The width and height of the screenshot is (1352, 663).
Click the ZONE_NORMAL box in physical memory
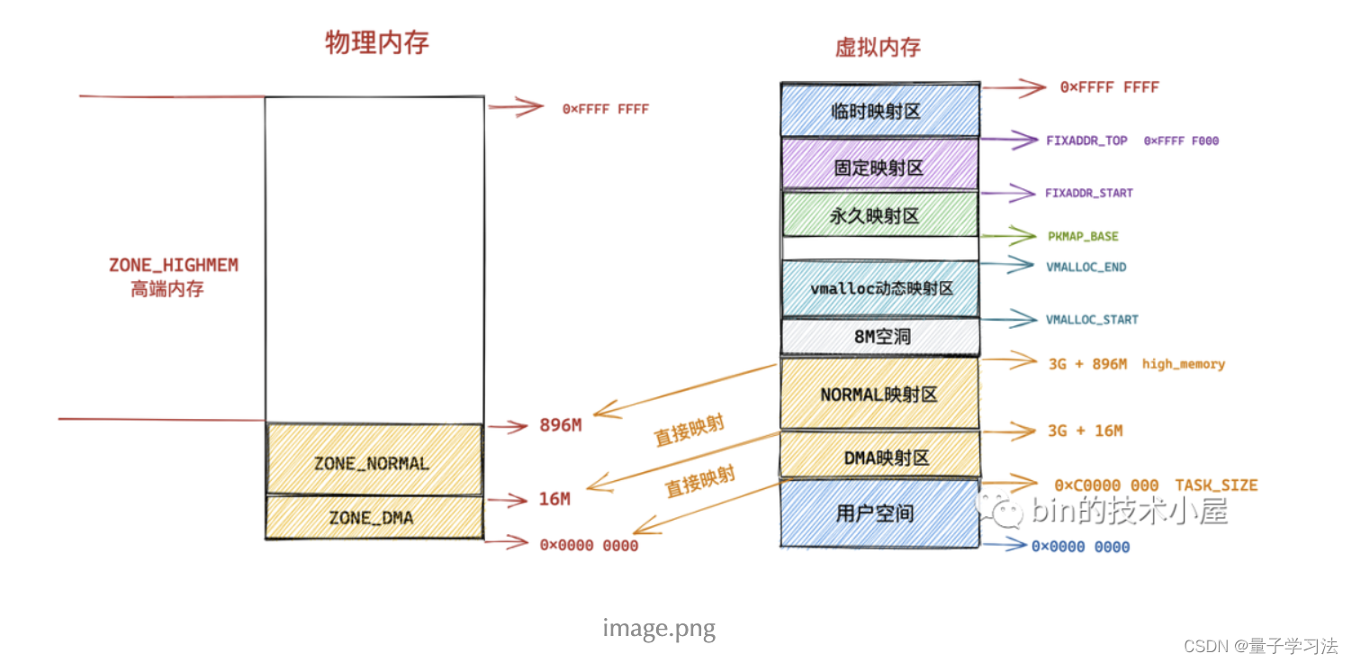point(374,459)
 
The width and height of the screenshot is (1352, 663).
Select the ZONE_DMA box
point(374,517)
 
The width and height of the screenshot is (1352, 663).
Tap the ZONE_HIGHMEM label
point(174,265)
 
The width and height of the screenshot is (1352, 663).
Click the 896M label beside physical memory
point(561,425)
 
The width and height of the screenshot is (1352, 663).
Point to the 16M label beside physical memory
point(554,499)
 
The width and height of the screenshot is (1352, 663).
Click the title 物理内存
point(377,42)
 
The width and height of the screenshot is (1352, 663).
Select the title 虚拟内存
point(878,47)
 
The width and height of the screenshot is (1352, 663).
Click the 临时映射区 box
point(880,110)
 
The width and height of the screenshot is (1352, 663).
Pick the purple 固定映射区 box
point(880,164)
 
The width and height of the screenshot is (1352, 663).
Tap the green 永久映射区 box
point(880,214)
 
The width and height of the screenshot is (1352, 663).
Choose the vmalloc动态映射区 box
point(880,288)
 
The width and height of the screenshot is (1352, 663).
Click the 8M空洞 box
point(880,336)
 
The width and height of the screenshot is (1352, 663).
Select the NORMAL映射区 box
point(880,394)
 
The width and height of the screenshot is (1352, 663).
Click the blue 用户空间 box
point(880,513)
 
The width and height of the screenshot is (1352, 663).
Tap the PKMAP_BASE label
point(1083,236)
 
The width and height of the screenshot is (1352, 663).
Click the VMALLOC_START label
point(1092,320)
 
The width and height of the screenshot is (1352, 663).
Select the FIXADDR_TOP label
point(1086,141)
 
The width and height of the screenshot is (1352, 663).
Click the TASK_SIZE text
point(1216,485)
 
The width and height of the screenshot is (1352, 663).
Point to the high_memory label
point(1184,364)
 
